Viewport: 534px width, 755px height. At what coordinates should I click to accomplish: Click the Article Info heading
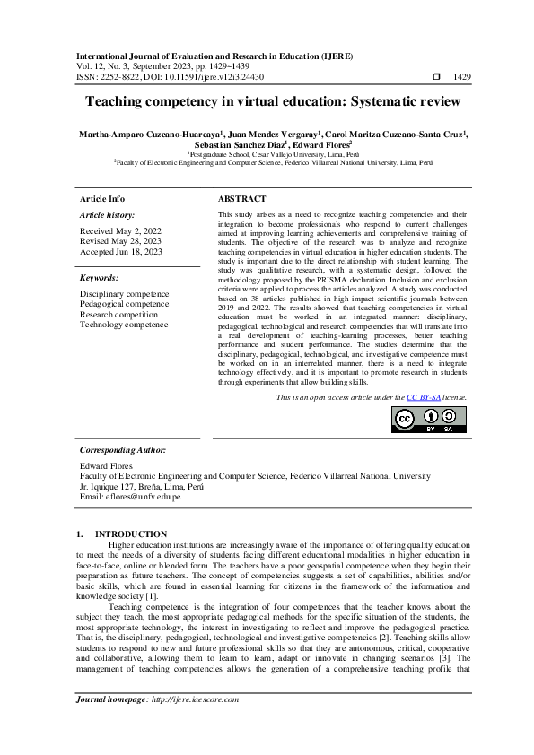(x=102, y=198)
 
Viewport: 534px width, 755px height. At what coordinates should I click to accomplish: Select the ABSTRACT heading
(x=242, y=198)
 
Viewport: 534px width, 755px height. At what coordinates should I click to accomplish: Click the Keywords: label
(x=99, y=278)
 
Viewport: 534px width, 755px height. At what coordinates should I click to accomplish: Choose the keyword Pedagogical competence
(x=124, y=304)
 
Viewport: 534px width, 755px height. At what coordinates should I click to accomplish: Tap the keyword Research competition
(x=118, y=315)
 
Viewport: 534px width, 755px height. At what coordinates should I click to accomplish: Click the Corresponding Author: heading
(x=122, y=449)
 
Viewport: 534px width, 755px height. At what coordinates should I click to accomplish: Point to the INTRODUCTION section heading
(x=131, y=534)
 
